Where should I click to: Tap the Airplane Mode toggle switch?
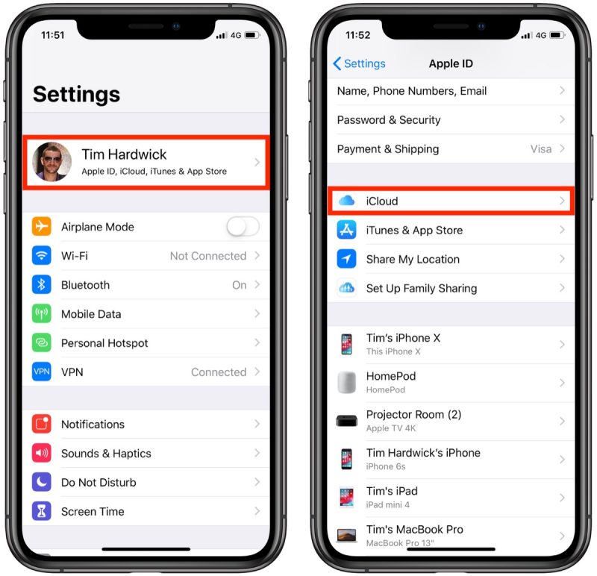click(243, 227)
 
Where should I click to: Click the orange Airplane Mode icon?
click(42, 227)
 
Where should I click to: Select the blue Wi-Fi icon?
click(42, 256)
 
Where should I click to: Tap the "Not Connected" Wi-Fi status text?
click(207, 256)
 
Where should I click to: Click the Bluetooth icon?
click(42, 285)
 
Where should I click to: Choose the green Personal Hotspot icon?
click(42, 343)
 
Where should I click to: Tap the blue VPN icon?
click(42, 372)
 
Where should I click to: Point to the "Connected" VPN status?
click(218, 372)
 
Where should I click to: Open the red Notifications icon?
click(42, 424)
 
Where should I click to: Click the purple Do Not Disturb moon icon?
click(42, 482)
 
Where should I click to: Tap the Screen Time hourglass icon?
click(42, 511)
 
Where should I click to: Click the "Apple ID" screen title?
click(451, 63)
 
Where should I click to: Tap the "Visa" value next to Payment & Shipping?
click(540, 148)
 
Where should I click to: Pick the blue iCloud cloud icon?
click(346, 201)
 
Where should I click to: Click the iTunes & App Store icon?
click(346, 230)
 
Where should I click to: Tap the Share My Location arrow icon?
click(346, 259)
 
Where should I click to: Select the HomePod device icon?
click(346, 382)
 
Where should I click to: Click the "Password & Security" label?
click(389, 119)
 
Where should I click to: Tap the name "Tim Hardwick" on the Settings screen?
click(124, 154)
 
